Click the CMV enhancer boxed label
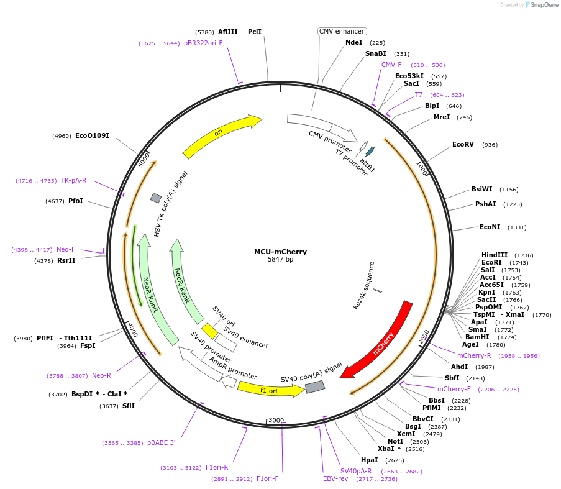pyautogui.click(x=342, y=31)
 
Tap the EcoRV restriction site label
pyautogui.click(x=463, y=144)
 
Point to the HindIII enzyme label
pyautogui.click(x=495, y=255)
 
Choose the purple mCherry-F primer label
pyautogui.click(x=454, y=389)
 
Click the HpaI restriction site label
pyautogui.click(x=369, y=460)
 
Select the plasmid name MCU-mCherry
pyautogui.click(x=280, y=252)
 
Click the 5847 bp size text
pyautogui.click(x=280, y=259)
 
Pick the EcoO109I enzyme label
pyautogui.click(x=92, y=135)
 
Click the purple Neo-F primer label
pyautogui.click(x=66, y=249)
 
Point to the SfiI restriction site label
pyautogui.click(x=128, y=406)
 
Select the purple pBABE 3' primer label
pyautogui.click(x=162, y=442)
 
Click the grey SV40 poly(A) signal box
pyautogui.click(x=314, y=387)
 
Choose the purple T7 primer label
pyautogui.click(x=419, y=94)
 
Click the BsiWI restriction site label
pyautogui.click(x=481, y=189)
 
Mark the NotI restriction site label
pyautogui.click(x=387, y=441)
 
